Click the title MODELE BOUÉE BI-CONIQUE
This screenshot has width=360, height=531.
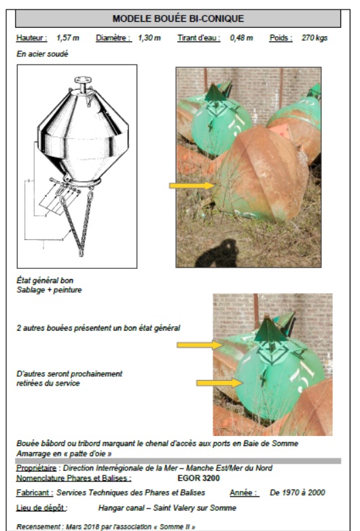178,18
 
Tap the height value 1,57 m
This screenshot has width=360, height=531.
68,37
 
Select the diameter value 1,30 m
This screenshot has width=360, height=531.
149,37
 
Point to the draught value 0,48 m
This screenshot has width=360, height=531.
241,37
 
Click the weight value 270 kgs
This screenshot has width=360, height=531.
314,37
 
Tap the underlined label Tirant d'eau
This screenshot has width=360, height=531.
199,37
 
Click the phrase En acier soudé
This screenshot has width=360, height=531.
42,54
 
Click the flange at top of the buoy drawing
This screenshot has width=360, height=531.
83,80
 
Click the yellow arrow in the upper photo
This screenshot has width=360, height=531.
192,185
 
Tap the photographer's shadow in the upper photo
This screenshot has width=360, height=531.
217,253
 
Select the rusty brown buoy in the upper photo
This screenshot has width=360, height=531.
261,173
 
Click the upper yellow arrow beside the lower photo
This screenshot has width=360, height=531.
199,345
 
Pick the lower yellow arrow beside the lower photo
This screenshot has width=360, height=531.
219,383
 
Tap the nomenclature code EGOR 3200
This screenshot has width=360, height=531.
198,478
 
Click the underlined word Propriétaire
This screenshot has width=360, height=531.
36,468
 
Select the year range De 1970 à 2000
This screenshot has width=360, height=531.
298,492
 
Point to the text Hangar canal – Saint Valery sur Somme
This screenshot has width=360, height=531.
167,508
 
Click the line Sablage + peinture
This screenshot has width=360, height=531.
49,290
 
